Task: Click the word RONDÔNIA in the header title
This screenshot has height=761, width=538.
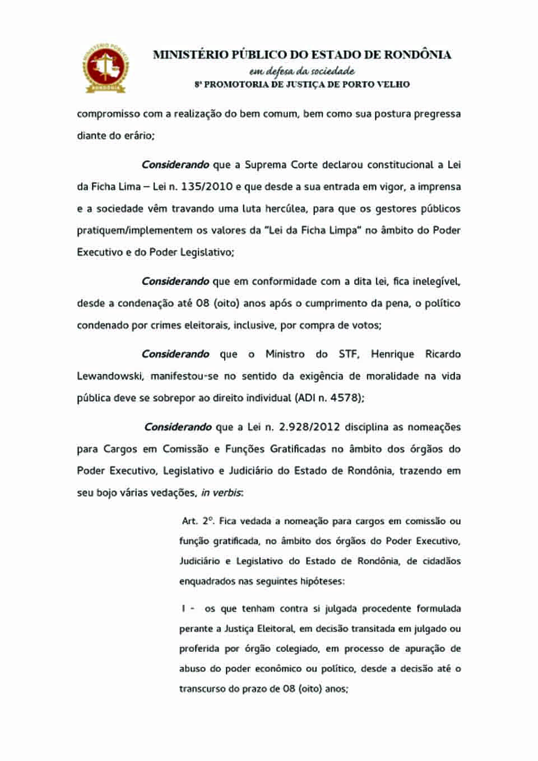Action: point(416,55)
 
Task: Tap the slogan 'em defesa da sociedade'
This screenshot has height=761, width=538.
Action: point(302,71)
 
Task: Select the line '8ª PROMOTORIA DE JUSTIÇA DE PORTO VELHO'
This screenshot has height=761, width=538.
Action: point(302,85)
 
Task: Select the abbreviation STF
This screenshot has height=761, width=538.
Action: point(348,354)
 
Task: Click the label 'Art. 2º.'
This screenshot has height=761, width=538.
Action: point(198,521)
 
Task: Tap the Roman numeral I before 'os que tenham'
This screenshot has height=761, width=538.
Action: point(183,608)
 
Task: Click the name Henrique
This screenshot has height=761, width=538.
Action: point(392,354)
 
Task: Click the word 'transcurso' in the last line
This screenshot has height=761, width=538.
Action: point(202,688)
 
